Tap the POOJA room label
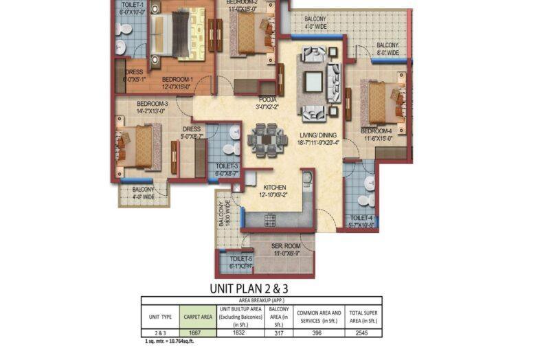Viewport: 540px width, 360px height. [267, 100]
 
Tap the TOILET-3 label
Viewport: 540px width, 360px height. [227, 166]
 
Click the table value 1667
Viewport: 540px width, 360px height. [198, 332]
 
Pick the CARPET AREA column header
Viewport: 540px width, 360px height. [198, 317]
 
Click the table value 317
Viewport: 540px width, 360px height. [280, 332]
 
